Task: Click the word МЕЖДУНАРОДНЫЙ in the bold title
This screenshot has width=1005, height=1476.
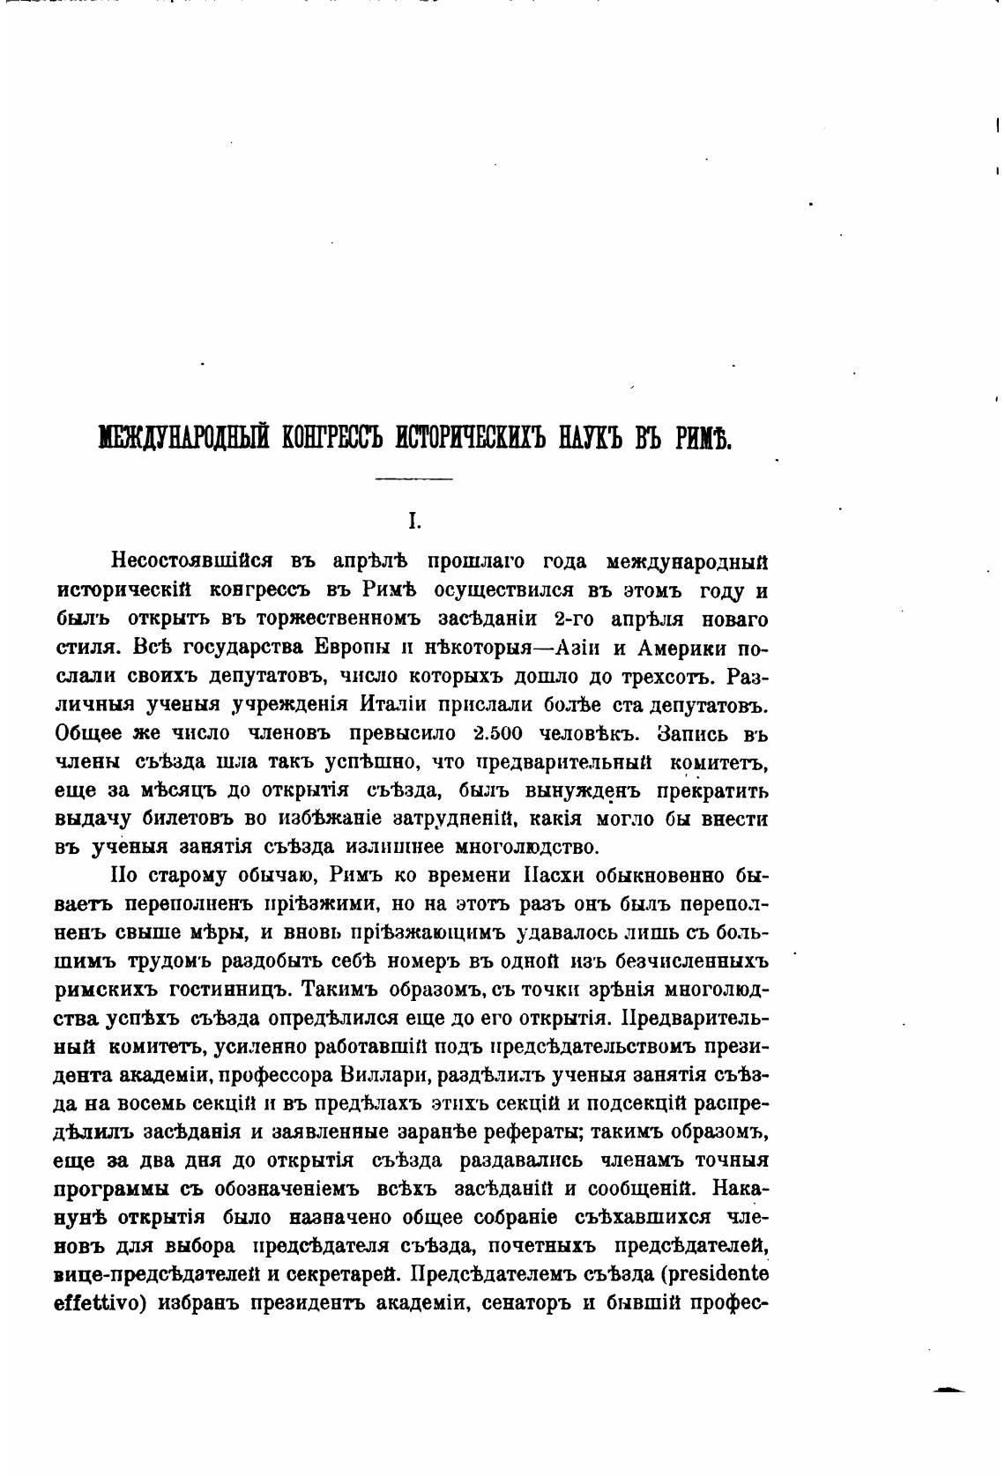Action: click(181, 435)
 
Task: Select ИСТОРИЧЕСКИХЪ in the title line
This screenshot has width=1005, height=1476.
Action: click(471, 435)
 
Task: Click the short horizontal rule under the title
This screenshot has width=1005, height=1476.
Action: click(413, 478)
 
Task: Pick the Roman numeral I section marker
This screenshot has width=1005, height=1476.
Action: click(413, 522)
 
